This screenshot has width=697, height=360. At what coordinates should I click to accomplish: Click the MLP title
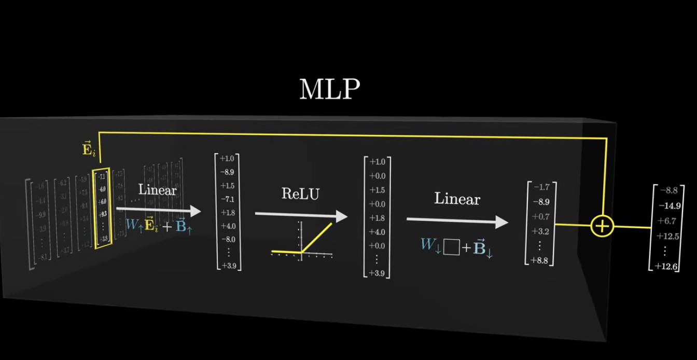(329, 90)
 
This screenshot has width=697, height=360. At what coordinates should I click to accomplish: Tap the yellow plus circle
(602, 227)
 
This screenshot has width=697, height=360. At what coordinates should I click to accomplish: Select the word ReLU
(301, 194)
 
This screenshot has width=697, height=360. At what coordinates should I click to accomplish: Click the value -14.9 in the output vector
(669, 205)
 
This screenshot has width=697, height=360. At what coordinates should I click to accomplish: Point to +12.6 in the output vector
(669, 266)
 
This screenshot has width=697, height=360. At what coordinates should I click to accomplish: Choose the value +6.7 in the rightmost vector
(668, 221)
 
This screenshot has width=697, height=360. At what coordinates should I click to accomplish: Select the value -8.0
(228, 240)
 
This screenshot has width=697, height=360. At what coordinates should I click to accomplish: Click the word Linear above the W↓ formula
(457, 199)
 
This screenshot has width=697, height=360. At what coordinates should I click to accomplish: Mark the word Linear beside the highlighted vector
(158, 190)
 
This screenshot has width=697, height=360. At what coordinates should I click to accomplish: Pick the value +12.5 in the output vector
(668, 236)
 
